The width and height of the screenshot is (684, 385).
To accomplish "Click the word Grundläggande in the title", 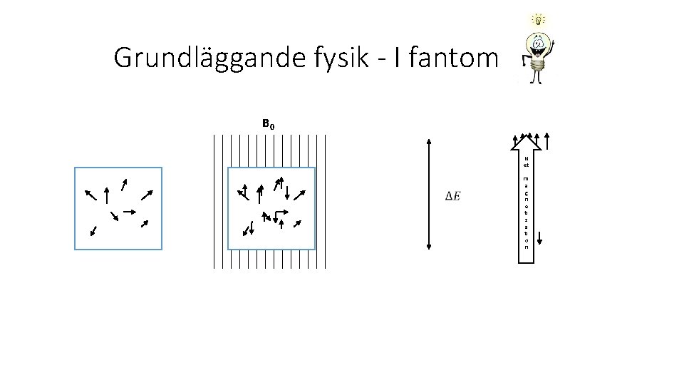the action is (x=199, y=58).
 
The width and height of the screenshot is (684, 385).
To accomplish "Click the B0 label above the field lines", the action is (x=268, y=125).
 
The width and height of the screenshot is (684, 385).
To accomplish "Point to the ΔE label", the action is (x=452, y=196).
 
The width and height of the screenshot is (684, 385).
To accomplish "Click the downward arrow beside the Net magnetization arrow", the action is (x=540, y=239).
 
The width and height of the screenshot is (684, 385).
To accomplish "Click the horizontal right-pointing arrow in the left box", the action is (x=130, y=211).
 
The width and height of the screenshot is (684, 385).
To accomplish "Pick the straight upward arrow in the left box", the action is (x=107, y=195).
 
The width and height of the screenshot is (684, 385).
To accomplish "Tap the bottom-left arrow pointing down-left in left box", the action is (x=93, y=230).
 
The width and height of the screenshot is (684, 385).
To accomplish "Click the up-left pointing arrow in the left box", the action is (x=91, y=195).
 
